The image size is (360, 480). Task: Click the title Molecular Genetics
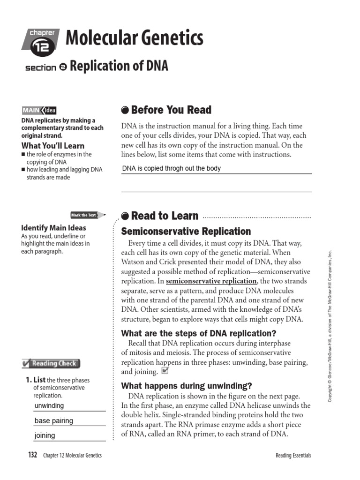click(x=135, y=38)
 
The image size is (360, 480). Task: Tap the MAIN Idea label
click(x=39, y=111)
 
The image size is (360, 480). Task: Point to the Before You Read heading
click(x=166, y=110)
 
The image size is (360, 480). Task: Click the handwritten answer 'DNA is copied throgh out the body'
click(x=171, y=168)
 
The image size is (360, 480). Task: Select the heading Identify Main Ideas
click(x=53, y=228)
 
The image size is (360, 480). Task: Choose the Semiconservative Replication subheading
click(x=186, y=232)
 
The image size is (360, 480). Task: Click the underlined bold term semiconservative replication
click(x=211, y=281)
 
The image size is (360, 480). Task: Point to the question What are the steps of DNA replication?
click(x=199, y=333)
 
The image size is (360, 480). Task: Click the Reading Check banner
click(x=51, y=363)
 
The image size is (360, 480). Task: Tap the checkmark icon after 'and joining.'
click(x=164, y=371)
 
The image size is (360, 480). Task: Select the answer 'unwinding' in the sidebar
click(x=49, y=406)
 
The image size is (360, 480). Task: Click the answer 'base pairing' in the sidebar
click(x=54, y=421)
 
